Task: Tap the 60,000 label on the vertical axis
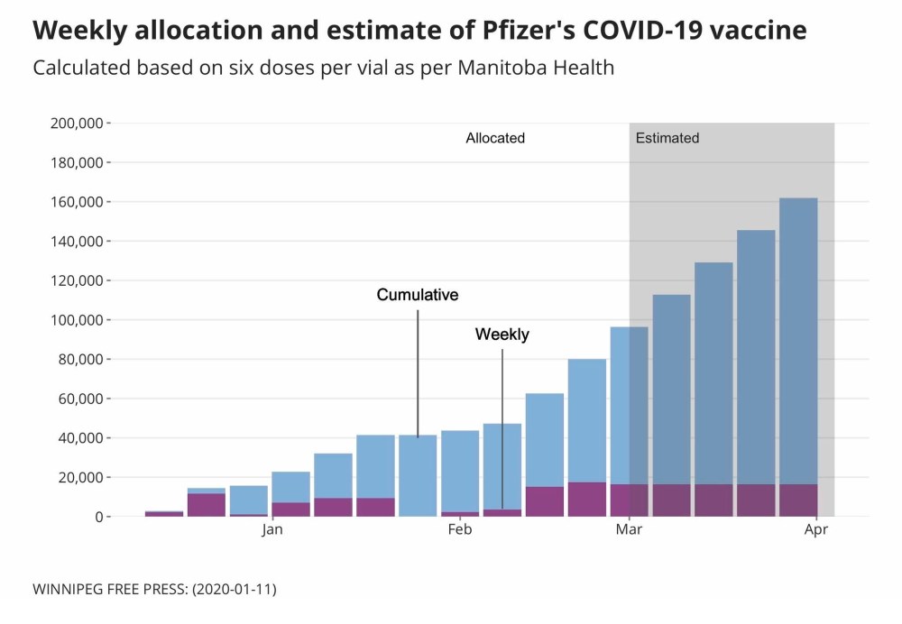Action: (82, 399)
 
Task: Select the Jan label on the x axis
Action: (272, 530)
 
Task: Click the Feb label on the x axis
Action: (459, 530)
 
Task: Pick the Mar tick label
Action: (629, 530)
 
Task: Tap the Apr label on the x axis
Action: (816, 530)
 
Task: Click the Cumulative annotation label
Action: (418, 295)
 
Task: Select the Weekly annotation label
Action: (502, 335)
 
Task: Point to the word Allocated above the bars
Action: (495, 139)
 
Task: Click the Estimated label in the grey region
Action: (667, 139)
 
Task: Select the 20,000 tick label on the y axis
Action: (82, 477)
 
